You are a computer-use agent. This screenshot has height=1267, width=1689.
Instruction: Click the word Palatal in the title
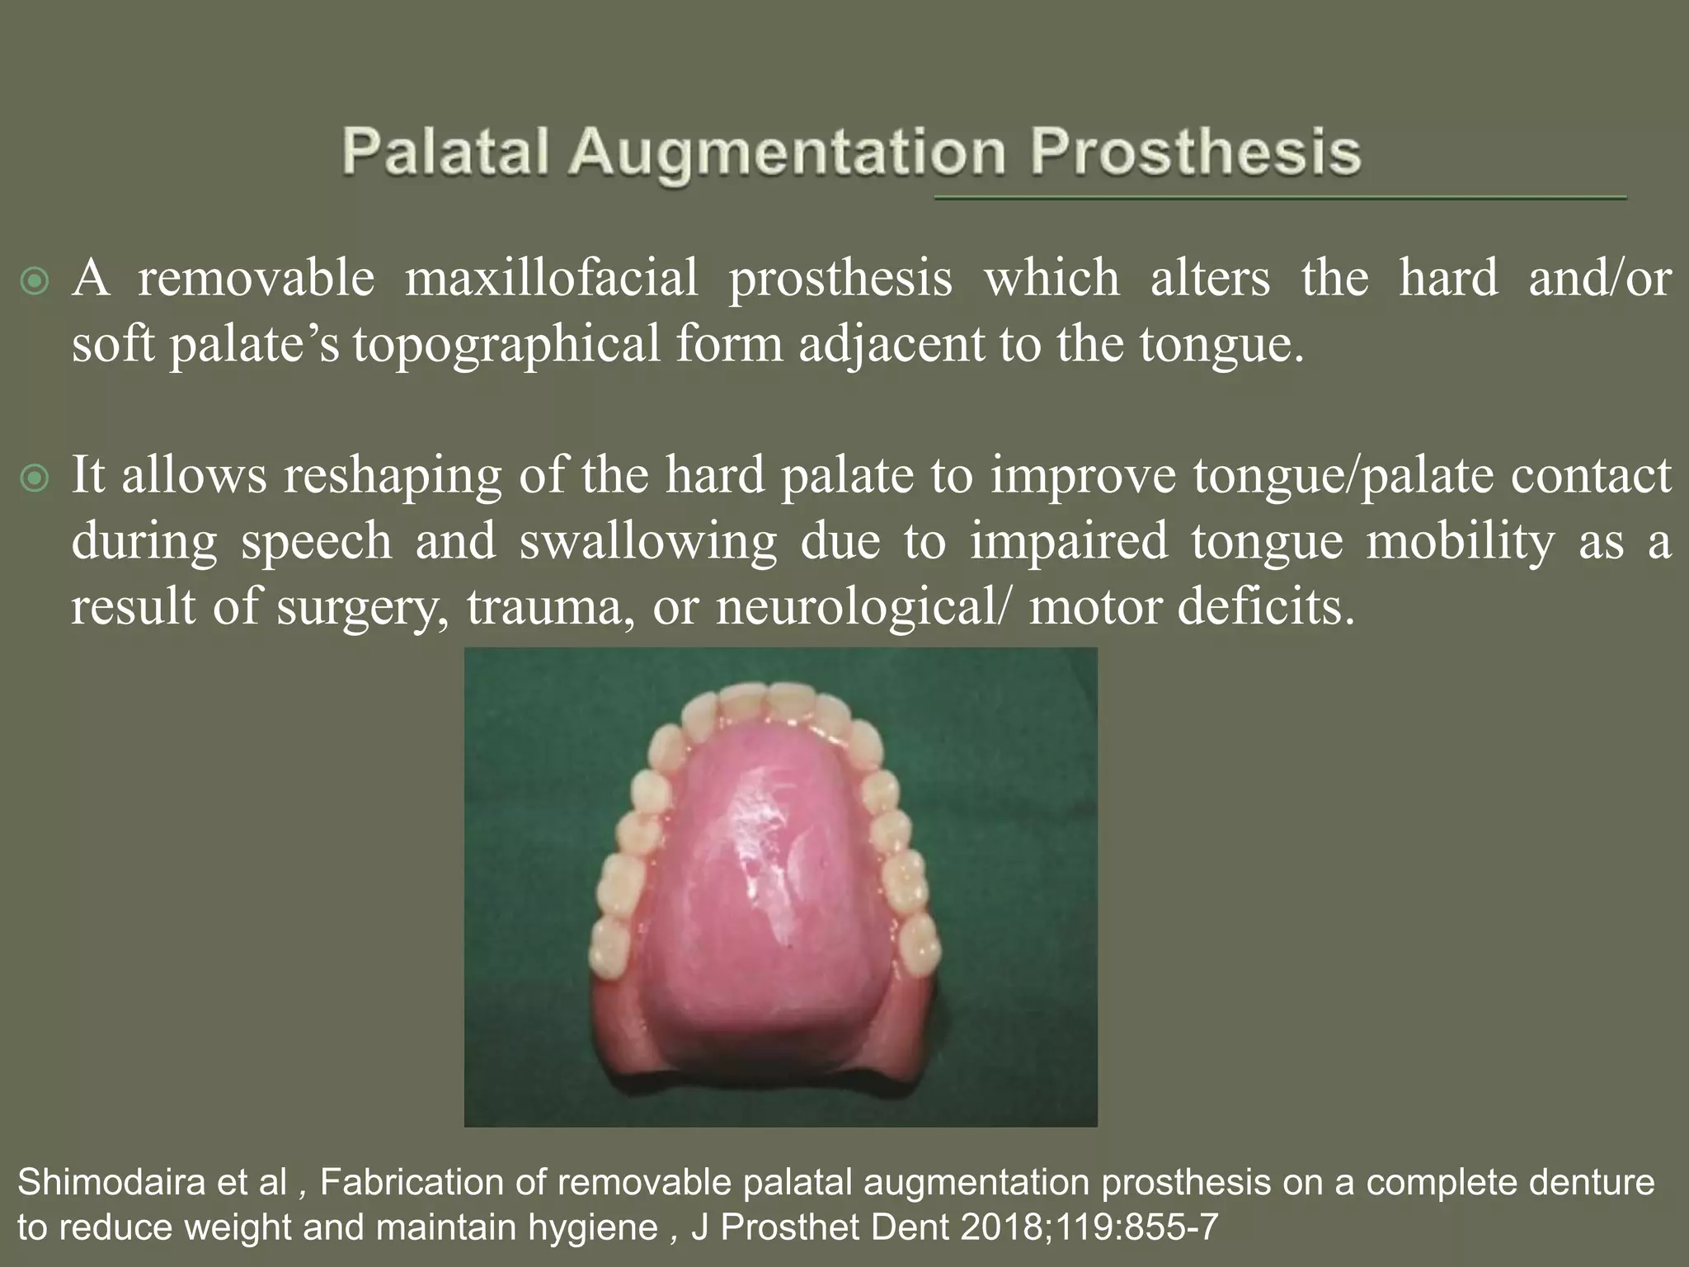click(x=445, y=153)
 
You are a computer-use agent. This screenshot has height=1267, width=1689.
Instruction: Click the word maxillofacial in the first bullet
click(x=551, y=278)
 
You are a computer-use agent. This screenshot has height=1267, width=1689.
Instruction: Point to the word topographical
click(x=506, y=345)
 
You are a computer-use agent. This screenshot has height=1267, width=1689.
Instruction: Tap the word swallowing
click(x=648, y=541)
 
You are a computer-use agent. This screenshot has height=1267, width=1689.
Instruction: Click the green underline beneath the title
click(x=1278, y=198)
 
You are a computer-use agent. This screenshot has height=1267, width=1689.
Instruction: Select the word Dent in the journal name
click(x=910, y=1227)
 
